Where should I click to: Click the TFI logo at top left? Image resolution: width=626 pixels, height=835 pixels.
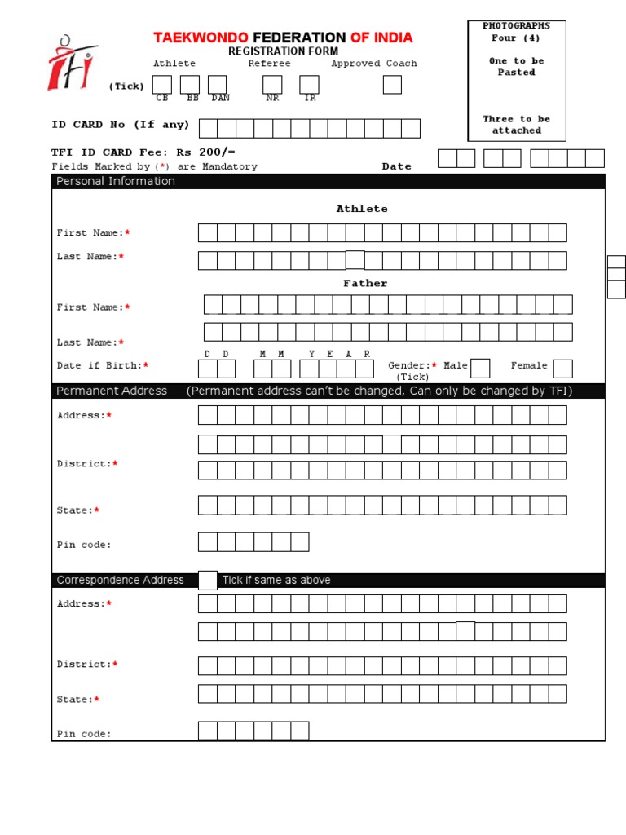click(x=72, y=62)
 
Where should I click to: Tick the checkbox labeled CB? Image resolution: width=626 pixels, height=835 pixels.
click(x=162, y=85)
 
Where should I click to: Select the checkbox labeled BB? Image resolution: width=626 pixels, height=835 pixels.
click(x=190, y=85)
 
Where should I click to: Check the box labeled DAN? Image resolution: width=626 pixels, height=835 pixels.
click(x=217, y=85)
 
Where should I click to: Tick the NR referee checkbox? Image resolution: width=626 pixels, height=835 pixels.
click(x=272, y=85)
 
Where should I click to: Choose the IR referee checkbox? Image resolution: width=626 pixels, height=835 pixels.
click(x=309, y=85)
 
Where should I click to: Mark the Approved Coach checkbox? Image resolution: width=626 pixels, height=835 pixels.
click(x=392, y=85)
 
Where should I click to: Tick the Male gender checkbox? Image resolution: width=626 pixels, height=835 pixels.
click(x=480, y=369)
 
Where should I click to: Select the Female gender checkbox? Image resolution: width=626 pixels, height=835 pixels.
click(x=563, y=369)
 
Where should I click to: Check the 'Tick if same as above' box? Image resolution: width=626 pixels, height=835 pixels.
click(x=208, y=580)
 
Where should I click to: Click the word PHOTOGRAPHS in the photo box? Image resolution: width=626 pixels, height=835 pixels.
click(x=516, y=26)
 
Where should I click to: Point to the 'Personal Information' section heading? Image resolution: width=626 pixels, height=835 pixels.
click(x=116, y=181)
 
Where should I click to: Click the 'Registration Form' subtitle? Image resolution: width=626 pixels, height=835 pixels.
click(x=283, y=51)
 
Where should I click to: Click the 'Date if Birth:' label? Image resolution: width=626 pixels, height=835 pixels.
click(x=99, y=366)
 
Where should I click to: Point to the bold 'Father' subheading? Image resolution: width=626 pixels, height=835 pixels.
click(x=365, y=283)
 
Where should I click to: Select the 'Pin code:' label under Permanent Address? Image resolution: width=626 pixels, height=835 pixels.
click(x=84, y=545)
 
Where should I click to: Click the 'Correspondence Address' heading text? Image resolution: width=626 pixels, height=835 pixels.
click(x=120, y=581)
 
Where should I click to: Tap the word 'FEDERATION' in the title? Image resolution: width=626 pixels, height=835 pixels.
click(x=299, y=38)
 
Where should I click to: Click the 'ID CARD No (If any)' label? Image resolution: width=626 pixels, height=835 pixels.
click(x=121, y=125)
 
